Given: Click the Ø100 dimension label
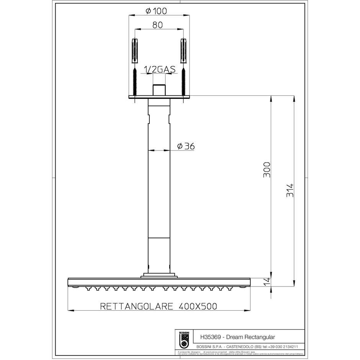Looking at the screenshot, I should tap(156, 11).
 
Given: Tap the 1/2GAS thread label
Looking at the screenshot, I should tap(159, 69).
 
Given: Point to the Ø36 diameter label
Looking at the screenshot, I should tap(186, 146).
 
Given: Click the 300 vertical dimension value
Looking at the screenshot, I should tap(267, 169).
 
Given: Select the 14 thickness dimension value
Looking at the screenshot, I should tap(267, 281).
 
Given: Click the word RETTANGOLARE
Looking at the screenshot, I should tap(136, 306).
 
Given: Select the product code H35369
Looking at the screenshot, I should tap(212, 336).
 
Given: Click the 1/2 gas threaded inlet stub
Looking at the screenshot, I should tap(159, 90).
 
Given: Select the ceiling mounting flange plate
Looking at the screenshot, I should tap(159, 97).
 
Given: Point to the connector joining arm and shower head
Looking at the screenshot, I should tap(159, 275).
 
